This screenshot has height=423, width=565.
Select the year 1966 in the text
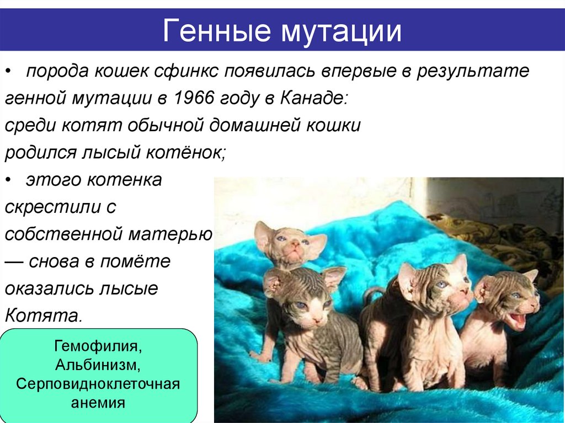tap(189, 99)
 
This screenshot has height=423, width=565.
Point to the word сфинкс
tap(186, 72)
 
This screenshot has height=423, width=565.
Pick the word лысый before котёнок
tap(112, 153)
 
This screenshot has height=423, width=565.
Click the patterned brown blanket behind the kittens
tap(497, 232)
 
